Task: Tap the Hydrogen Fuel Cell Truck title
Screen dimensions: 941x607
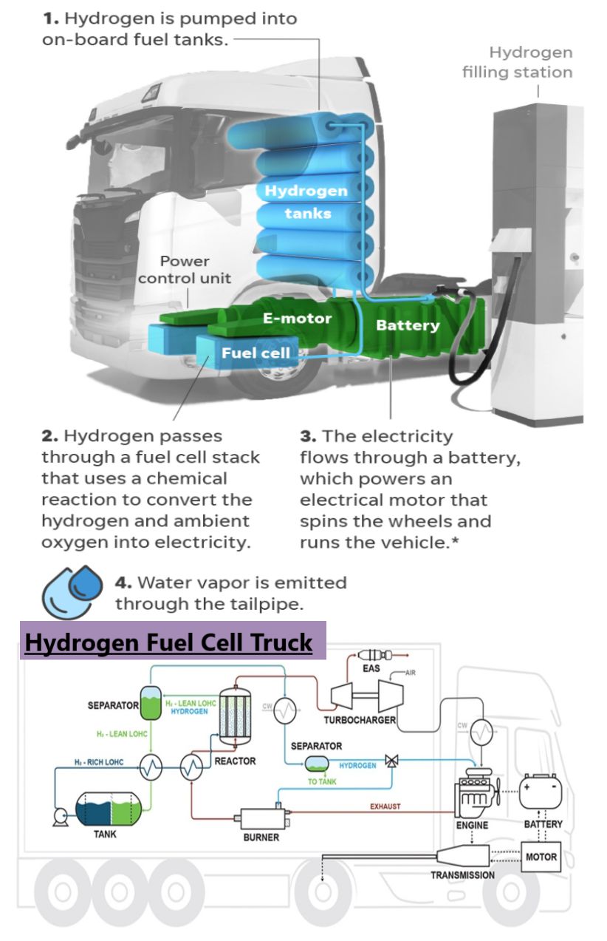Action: [169, 642]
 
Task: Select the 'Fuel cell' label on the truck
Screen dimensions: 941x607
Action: [256, 353]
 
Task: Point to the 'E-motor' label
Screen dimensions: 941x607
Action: [297, 319]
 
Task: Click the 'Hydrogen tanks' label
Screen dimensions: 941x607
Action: [306, 202]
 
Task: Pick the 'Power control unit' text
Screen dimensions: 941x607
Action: [185, 270]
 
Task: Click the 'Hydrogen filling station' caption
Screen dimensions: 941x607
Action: [517, 63]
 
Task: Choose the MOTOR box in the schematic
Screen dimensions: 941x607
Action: [541, 857]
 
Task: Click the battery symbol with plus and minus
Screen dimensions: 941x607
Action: [543, 794]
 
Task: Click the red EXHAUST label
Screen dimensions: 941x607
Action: [385, 806]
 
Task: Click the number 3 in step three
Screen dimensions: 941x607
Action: [306, 436]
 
